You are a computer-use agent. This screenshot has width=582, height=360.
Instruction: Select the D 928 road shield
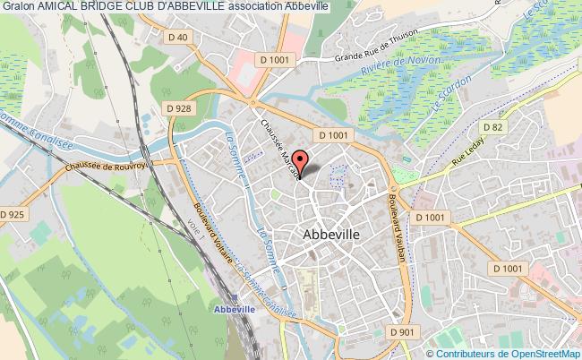coord(179,107)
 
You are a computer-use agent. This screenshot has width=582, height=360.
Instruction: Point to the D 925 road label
coord(12,214)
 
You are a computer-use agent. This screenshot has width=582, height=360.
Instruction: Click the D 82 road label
coord(521,129)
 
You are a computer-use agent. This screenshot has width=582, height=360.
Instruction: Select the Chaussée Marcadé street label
coord(280,144)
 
